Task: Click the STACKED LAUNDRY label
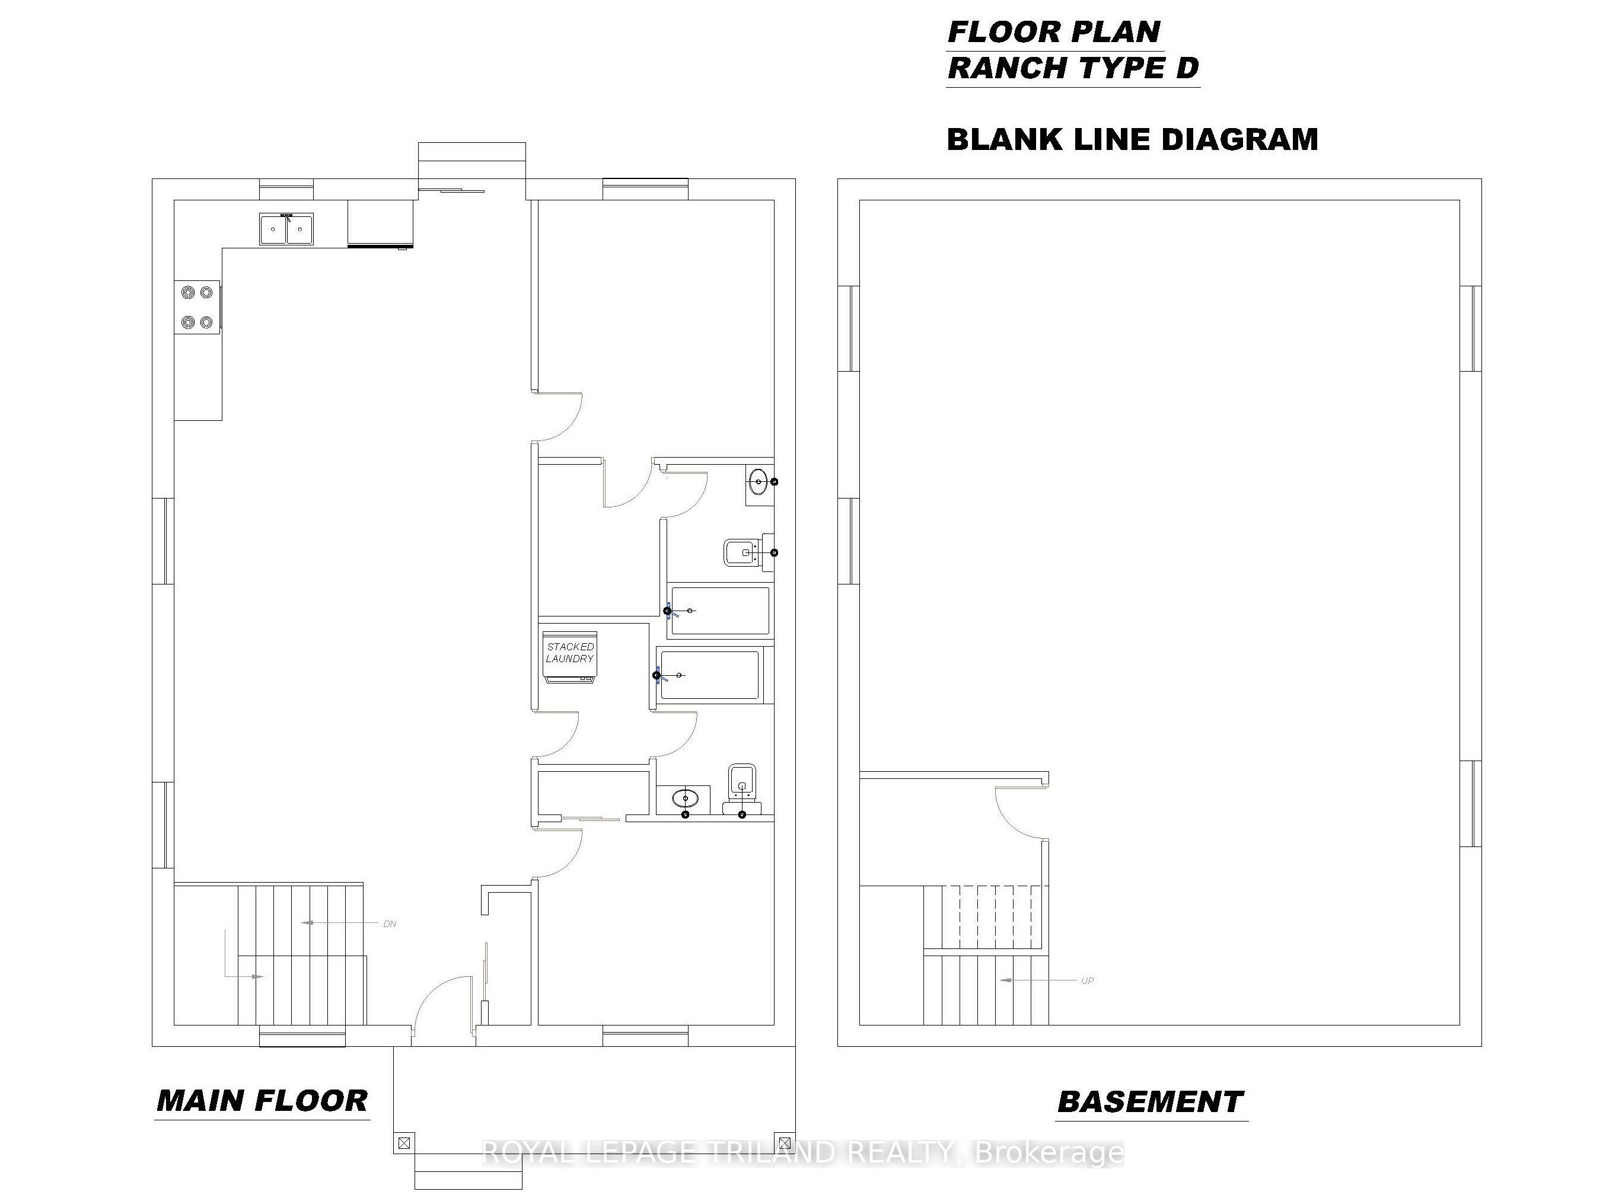(569, 653)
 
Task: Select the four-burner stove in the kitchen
(197, 308)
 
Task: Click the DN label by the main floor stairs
(390, 924)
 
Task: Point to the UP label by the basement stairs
(1087, 981)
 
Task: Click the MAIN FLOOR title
(263, 1101)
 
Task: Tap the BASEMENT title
(1151, 1103)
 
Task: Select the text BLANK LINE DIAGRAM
(1132, 139)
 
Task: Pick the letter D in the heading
(1186, 68)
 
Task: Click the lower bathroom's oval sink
(684, 799)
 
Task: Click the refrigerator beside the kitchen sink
(380, 224)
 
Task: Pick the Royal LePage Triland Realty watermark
(803, 1152)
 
